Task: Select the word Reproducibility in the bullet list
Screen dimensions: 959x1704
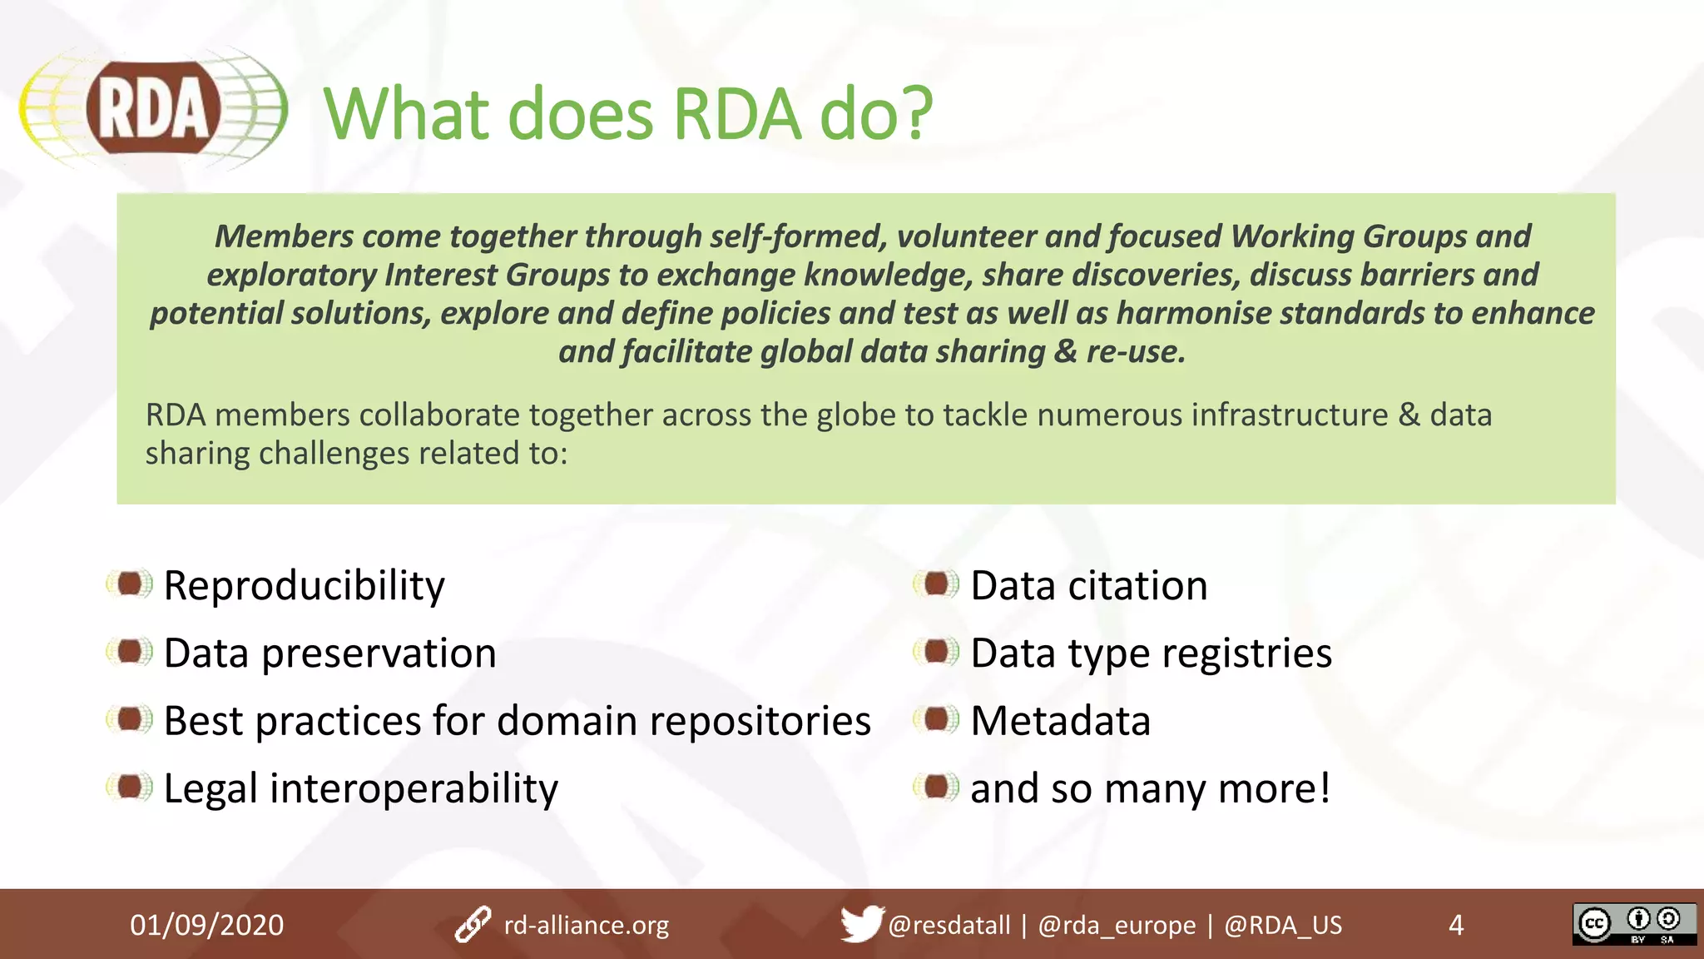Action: pos(304,585)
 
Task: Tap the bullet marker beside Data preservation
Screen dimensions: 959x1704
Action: pos(130,652)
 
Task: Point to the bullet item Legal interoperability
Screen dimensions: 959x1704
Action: pos(360,788)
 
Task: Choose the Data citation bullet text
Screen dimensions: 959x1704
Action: pos(1088,585)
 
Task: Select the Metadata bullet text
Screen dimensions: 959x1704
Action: pos(1060,721)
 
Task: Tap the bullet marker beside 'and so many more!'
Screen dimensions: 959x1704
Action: pos(937,787)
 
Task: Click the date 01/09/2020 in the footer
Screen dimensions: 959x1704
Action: pos(206,925)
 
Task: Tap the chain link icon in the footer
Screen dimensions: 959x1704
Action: pos(473,925)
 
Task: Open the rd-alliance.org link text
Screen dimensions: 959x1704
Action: pos(586,925)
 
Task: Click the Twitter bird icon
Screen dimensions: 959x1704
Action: pos(861,923)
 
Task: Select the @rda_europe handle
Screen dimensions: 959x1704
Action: pos(1116,925)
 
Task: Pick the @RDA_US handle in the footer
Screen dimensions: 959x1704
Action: pos(1282,925)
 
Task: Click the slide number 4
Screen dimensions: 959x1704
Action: pos(1455,925)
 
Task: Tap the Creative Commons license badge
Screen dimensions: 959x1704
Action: pos(1633,924)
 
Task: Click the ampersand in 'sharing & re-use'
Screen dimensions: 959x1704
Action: pos(1065,352)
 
